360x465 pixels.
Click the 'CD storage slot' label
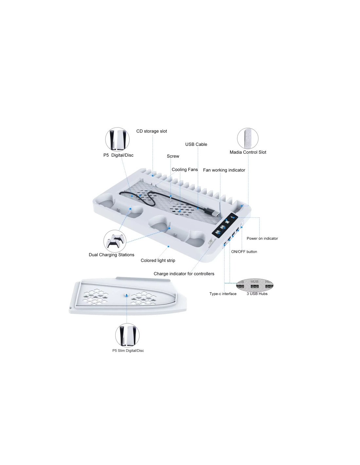(x=152, y=131)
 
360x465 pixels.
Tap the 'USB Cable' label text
(x=196, y=144)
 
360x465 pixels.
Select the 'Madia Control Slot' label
(x=248, y=152)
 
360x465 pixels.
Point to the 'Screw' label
(x=173, y=156)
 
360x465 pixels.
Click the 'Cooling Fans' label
(x=185, y=169)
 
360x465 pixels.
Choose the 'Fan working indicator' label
(x=224, y=170)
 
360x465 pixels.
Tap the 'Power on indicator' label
(x=262, y=238)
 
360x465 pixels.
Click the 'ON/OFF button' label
(x=244, y=252)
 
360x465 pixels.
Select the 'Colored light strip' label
(x=158, y=260)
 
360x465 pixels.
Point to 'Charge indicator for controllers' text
(x=184, y=274)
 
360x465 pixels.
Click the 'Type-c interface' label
(x=223, y=294)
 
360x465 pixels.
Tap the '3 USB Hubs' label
(x=257, y=294)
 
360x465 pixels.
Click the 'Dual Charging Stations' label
(x=111, y=255)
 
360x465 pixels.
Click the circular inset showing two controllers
(x=115, y=241)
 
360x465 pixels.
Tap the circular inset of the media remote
(x=247, y=138)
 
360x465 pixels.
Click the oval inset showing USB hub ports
(x=255, y=284)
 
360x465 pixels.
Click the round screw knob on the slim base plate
(x=127, y=295)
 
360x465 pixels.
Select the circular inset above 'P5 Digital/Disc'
(x=117, y=140)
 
